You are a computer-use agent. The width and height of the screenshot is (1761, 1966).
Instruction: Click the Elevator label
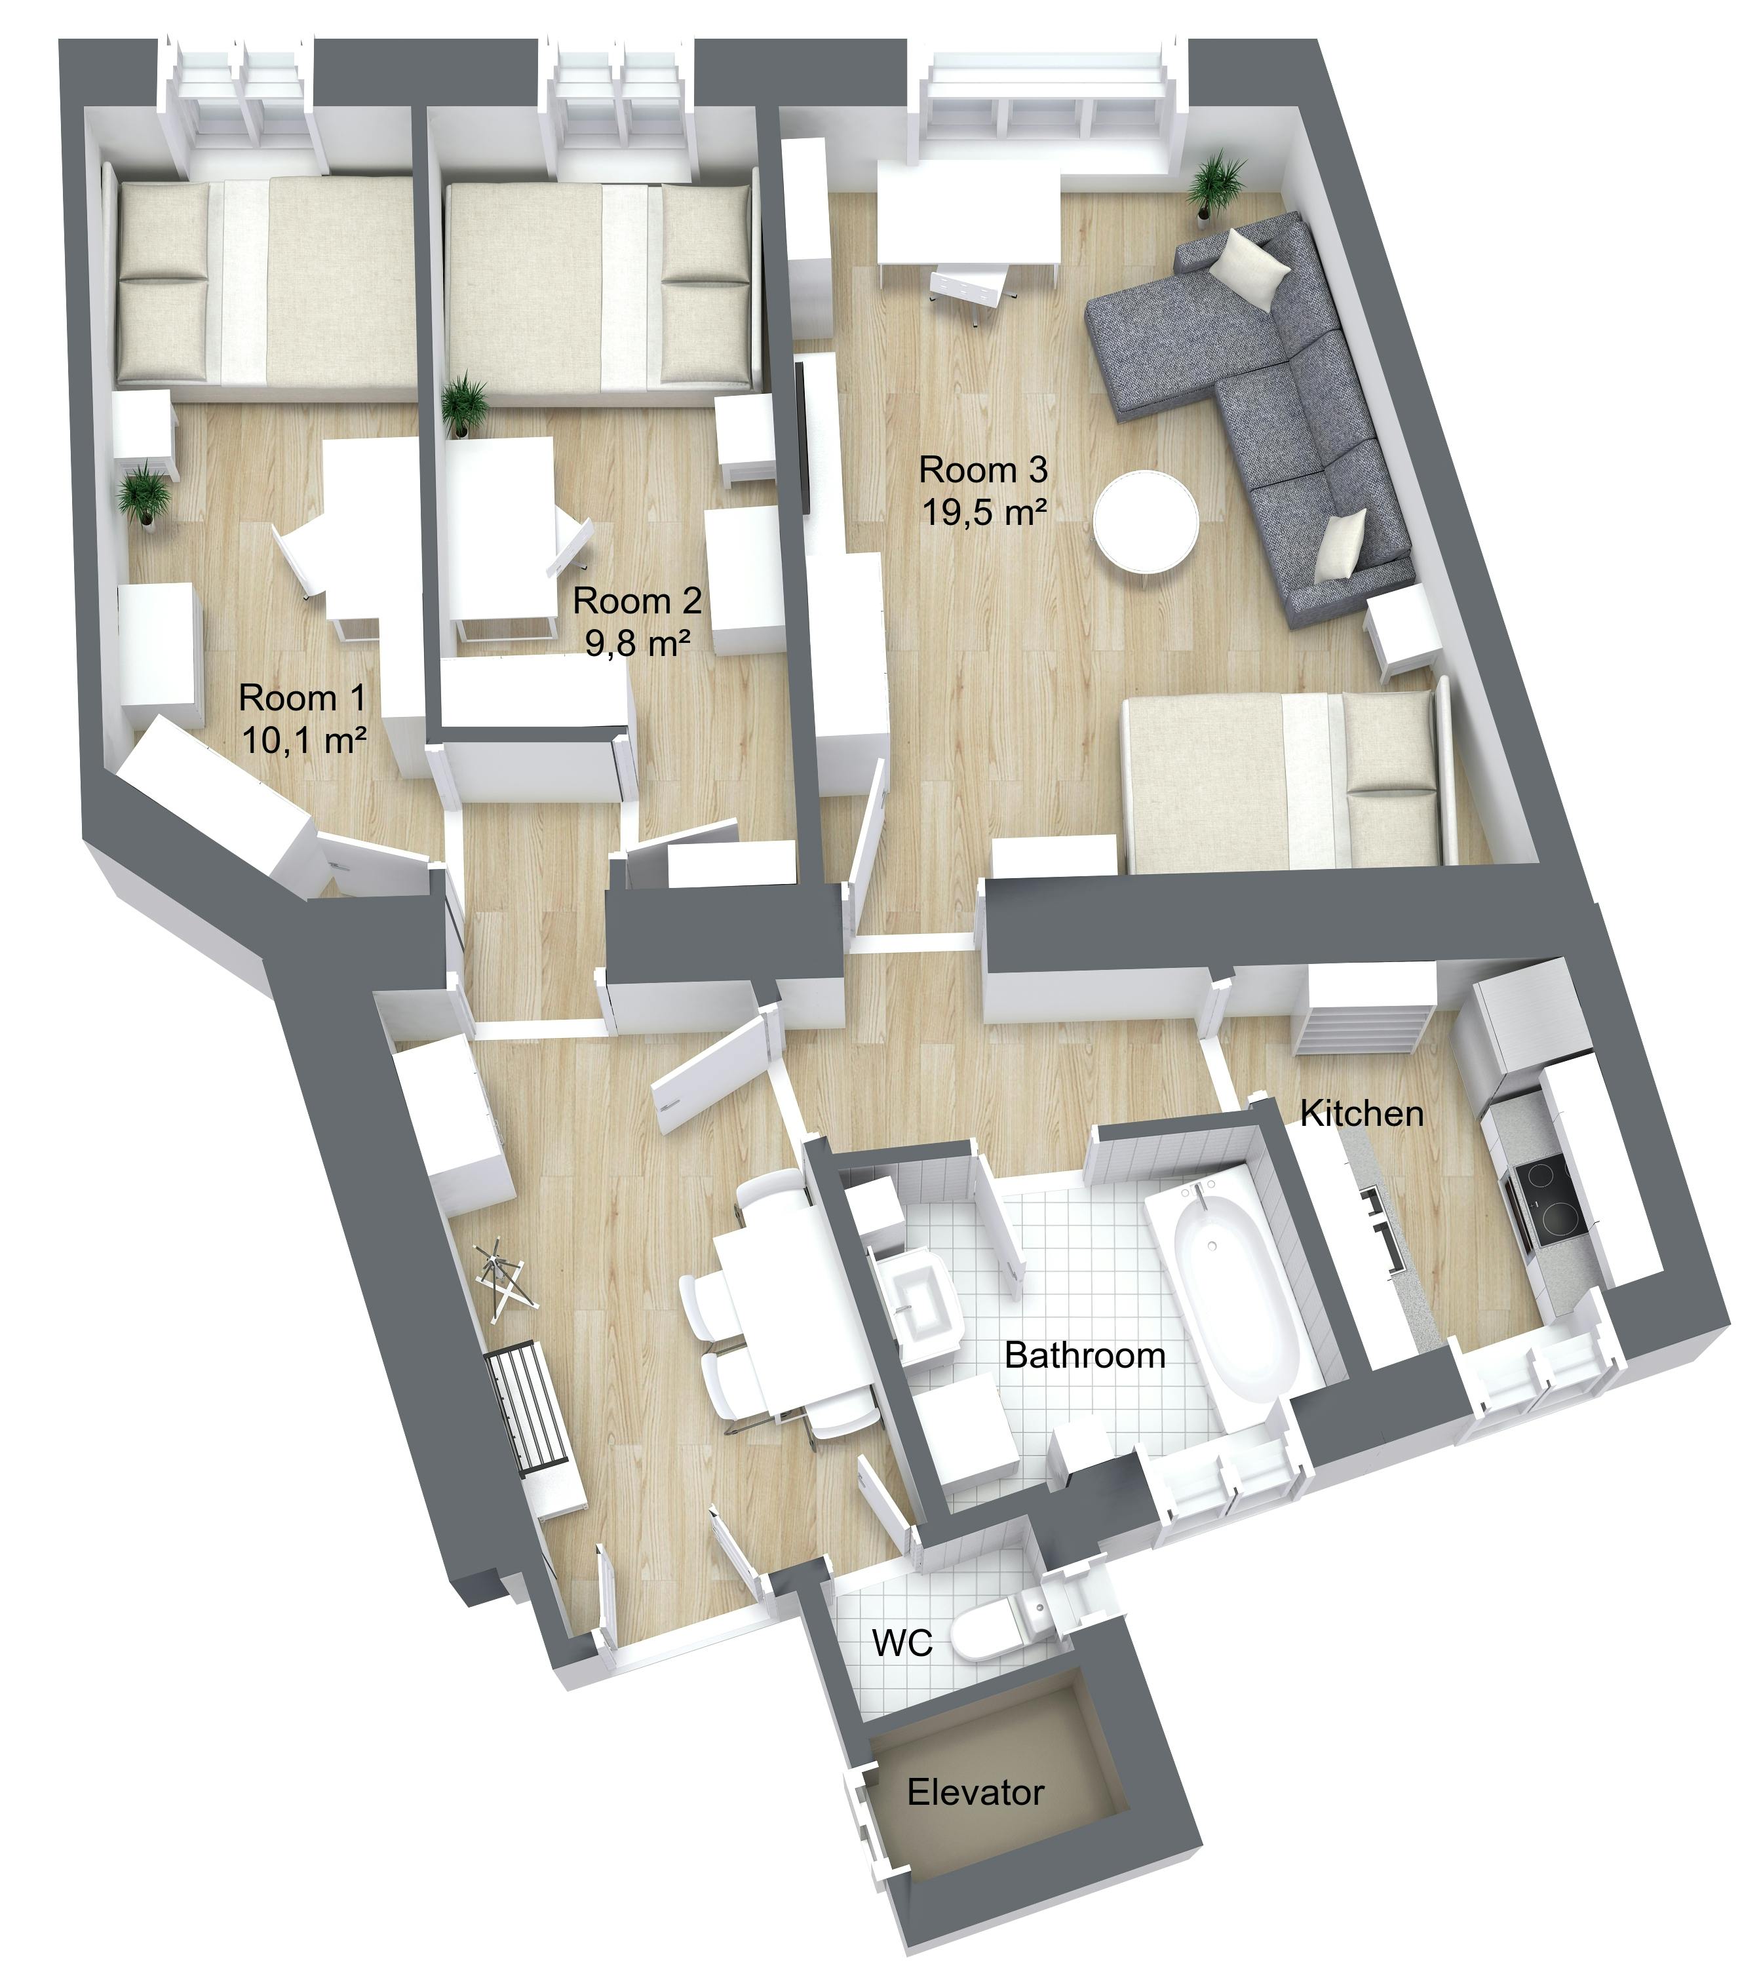click(x=975, y=1793)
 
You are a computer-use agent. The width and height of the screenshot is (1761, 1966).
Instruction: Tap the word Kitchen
click(x=1361, y=1113)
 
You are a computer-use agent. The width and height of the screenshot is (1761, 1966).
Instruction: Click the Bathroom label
click(x=1085, y=1355)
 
